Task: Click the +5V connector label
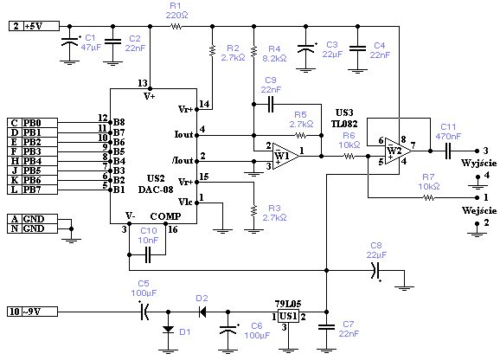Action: pyautogui.click(x=34, y=26)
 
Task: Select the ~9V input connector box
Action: pyautogui.click(x=33, y=312)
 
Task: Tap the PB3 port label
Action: pyautogui.click(x=32, y=151)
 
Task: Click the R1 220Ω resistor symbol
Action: pyautogui.click(x=176, y=27)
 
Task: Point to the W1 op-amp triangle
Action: pyautogui.click(x=286, y=156)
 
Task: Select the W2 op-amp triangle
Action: pyautogui.click(x=398, y=151)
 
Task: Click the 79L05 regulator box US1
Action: pyautogui.click(x=288, y=316)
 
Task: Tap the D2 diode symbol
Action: pyautogui.click(x=202, y=312)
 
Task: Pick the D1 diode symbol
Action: pyautogui.click(x=168, y=330)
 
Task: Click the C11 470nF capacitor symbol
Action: pyautogui.click(x=448, y=151)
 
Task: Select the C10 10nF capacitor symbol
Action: pyautogui.click(x=148, y=254)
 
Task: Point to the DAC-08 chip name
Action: pyautogui.click(x=156, y=190)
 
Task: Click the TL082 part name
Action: pyautogui.click(x=344, y=124)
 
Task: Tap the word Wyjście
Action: pyautogui.click(x=479, y=164)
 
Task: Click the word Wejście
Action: pyautogui.click(x=479, y=210)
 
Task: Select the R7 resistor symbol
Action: pyautogui.click(x=428, y=197)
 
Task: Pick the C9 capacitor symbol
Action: pyautogui.click(x=271, y=104)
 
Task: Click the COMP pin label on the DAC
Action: pyautogui.click(x=165, y=216)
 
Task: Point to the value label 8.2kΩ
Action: pyautogui.click(x=274, y=58)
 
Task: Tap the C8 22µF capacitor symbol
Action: pyautogui.click(x=375, y=270)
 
